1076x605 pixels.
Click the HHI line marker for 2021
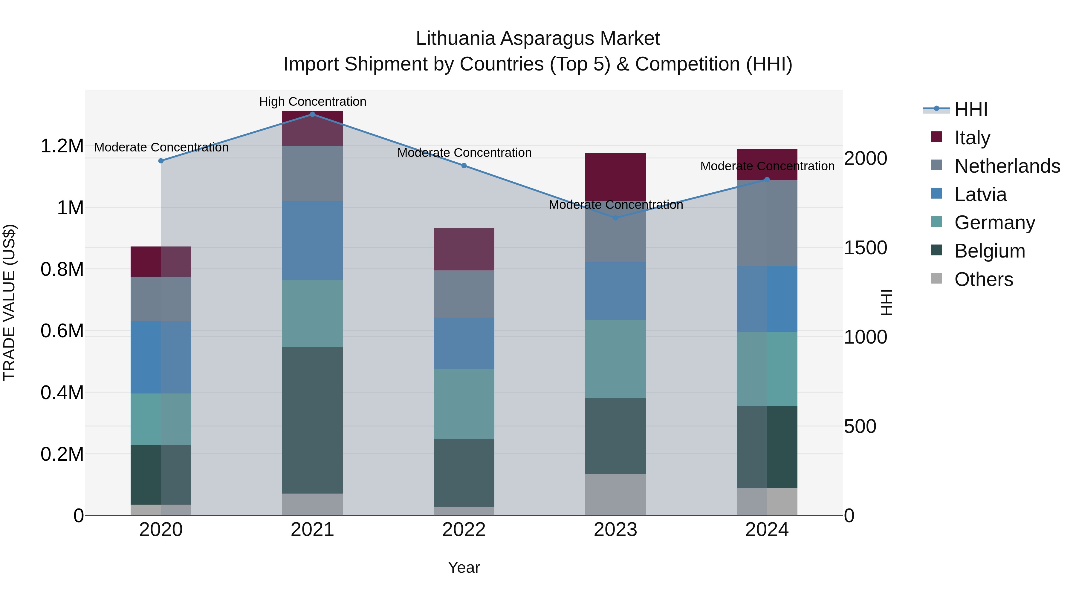tap(312, 114)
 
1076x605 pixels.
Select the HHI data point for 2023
tap(615, 218)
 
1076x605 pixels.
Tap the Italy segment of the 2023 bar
tap(615, 177)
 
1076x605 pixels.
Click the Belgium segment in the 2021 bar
tap(312, 420)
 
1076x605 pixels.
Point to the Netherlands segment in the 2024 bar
tap(767, 223)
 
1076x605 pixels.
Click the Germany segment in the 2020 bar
tap(161, 419)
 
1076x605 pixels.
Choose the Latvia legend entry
tap(980, 194)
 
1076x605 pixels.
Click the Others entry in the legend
tap(983, 279)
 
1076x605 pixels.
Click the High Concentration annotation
tap(312, 102)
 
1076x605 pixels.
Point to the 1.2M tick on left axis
tap(62, 146)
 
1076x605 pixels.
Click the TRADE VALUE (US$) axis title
tap(9, 302)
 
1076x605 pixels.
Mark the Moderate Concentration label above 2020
tap(161, 147)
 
